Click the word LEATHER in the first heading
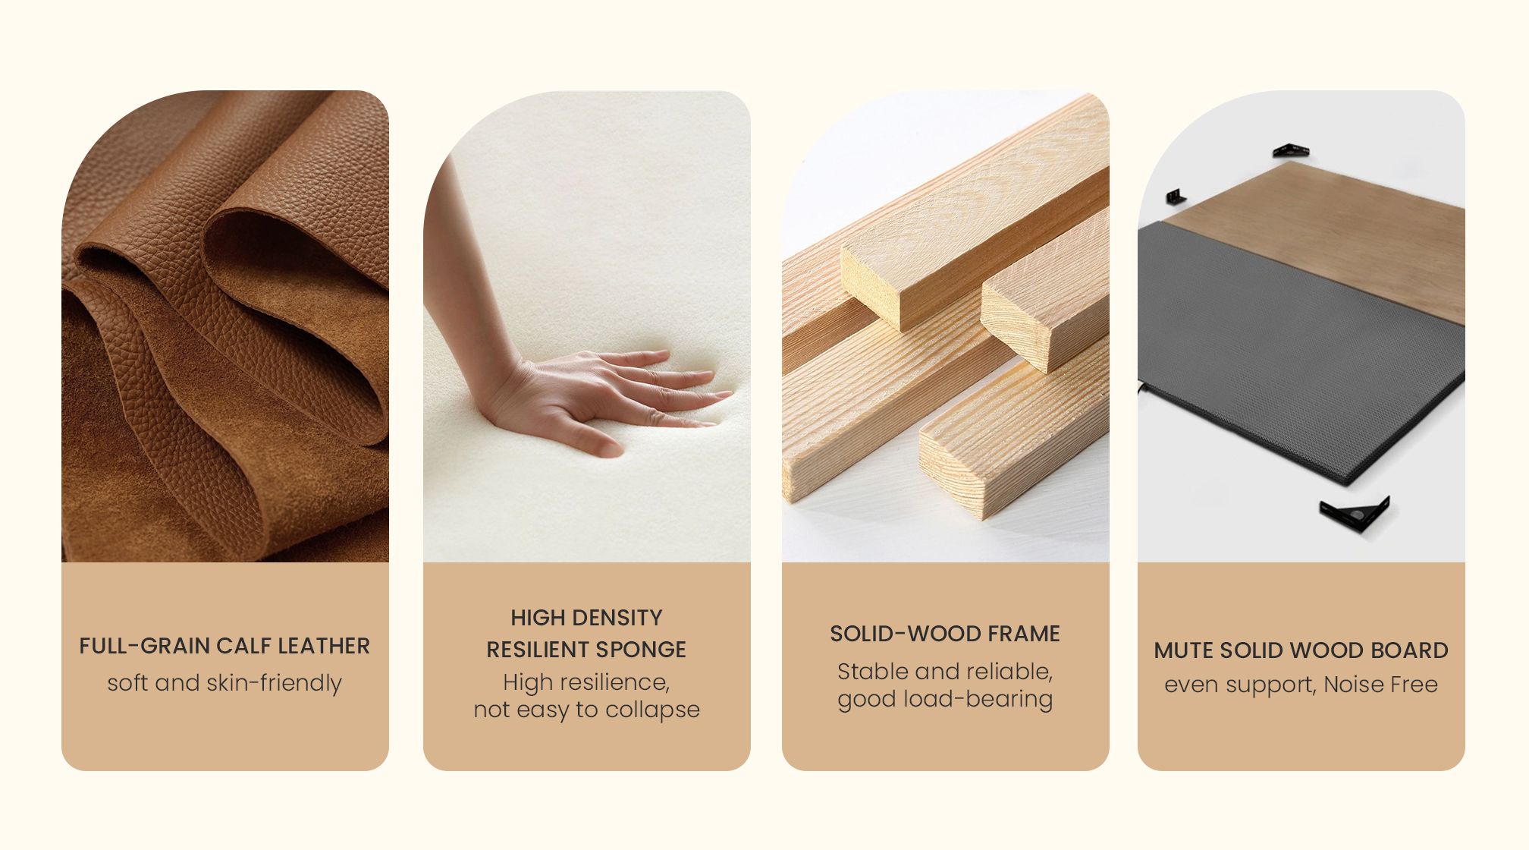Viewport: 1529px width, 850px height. (x=324, y=646)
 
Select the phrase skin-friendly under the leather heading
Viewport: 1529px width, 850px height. (x=274, y=683)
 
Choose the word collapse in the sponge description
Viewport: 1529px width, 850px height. (x=652, y=710)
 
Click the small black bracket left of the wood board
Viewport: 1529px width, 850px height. (x=1176, y=197)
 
